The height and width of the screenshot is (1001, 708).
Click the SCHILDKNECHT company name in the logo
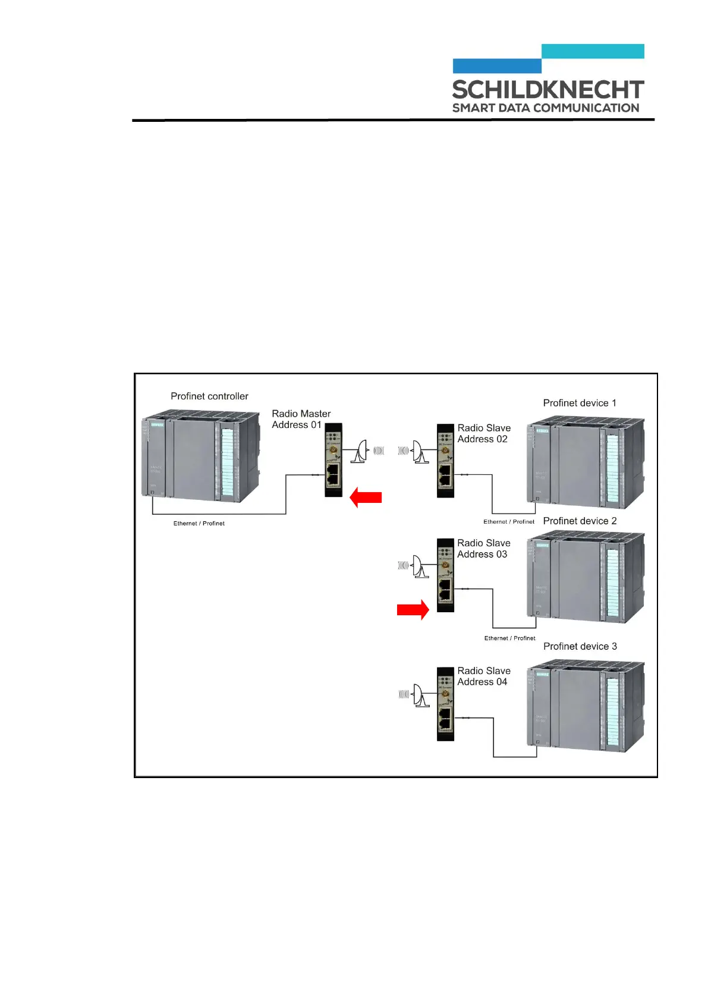tap(547, 90)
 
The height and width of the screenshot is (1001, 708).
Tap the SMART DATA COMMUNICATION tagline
tap(545, 108)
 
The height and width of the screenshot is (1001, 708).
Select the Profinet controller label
tap(209, 396)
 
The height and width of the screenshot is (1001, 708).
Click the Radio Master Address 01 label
tap(301, 419)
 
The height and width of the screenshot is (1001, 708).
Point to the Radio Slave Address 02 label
tap(483, 433)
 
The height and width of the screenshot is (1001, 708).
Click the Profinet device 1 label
tap(580, 403)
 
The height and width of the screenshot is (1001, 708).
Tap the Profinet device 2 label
tap(580, 521)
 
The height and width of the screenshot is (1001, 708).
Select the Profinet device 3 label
tap(580, 646)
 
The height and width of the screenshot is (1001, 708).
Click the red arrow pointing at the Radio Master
tap(366, 497)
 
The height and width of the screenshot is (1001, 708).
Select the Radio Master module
tap(333, 460)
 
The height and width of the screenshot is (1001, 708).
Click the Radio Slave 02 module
tap(445, 461)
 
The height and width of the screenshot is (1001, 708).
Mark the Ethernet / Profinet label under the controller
tap(199, 524)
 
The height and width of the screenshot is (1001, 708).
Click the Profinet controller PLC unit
tap(201, 455)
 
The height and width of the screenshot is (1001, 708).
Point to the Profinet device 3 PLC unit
tap(585, 706)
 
